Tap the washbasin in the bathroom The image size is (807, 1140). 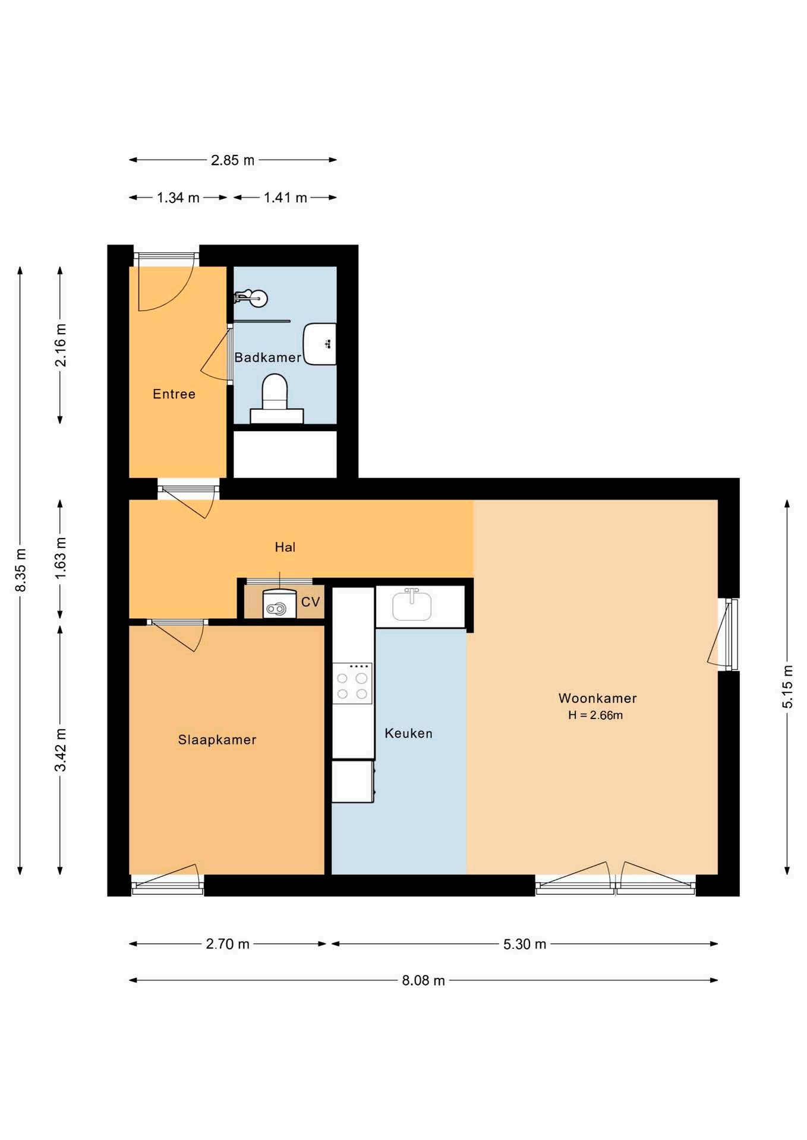pos(320,344)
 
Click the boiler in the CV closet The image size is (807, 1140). pos(279,604)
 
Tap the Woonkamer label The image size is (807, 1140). pos(597,698)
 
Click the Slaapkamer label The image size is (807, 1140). pos(217,740)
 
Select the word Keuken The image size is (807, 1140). pos(409,733)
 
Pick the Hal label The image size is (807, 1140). pos(285,547)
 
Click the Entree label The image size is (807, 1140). pos(174,394)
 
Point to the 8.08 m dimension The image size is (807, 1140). pos(423,980)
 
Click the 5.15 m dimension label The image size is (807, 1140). pos(787,686)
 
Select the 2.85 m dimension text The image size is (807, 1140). pos(232,160)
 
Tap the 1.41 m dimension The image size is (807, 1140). pos(285,198)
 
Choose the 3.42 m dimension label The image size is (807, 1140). pos(61,749)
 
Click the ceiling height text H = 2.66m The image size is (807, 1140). pos(595,715)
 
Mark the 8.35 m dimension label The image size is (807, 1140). pos(21,570)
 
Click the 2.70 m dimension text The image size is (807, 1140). pos(228,944)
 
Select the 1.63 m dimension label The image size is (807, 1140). pos(61,559)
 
